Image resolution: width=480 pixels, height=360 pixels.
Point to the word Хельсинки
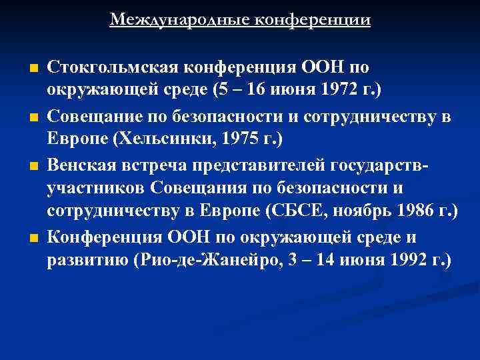coord(159,137)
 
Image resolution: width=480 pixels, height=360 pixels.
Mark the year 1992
coord(407,260)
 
